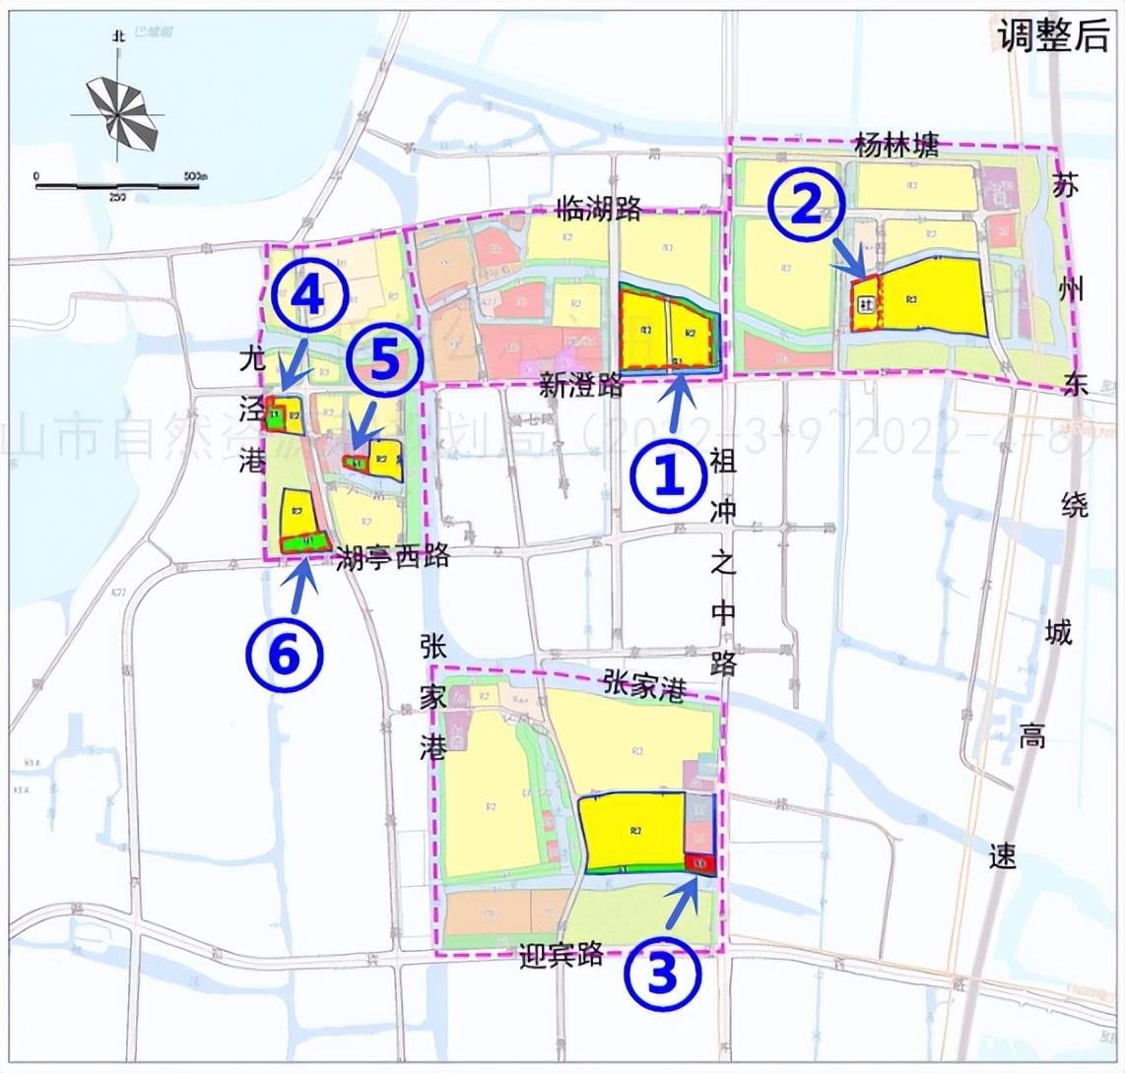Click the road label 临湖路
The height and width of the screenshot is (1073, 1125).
point(599,208)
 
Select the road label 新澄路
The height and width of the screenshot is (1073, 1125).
point(582,385)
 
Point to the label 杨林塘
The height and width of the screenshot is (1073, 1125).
point(897,148)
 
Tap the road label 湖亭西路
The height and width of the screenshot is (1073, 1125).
point(393,557)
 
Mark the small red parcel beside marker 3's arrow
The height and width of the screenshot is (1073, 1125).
point(699,863)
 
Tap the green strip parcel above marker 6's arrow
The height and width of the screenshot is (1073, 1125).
point(305,541)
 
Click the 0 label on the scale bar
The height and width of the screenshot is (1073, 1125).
point(36,175)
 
